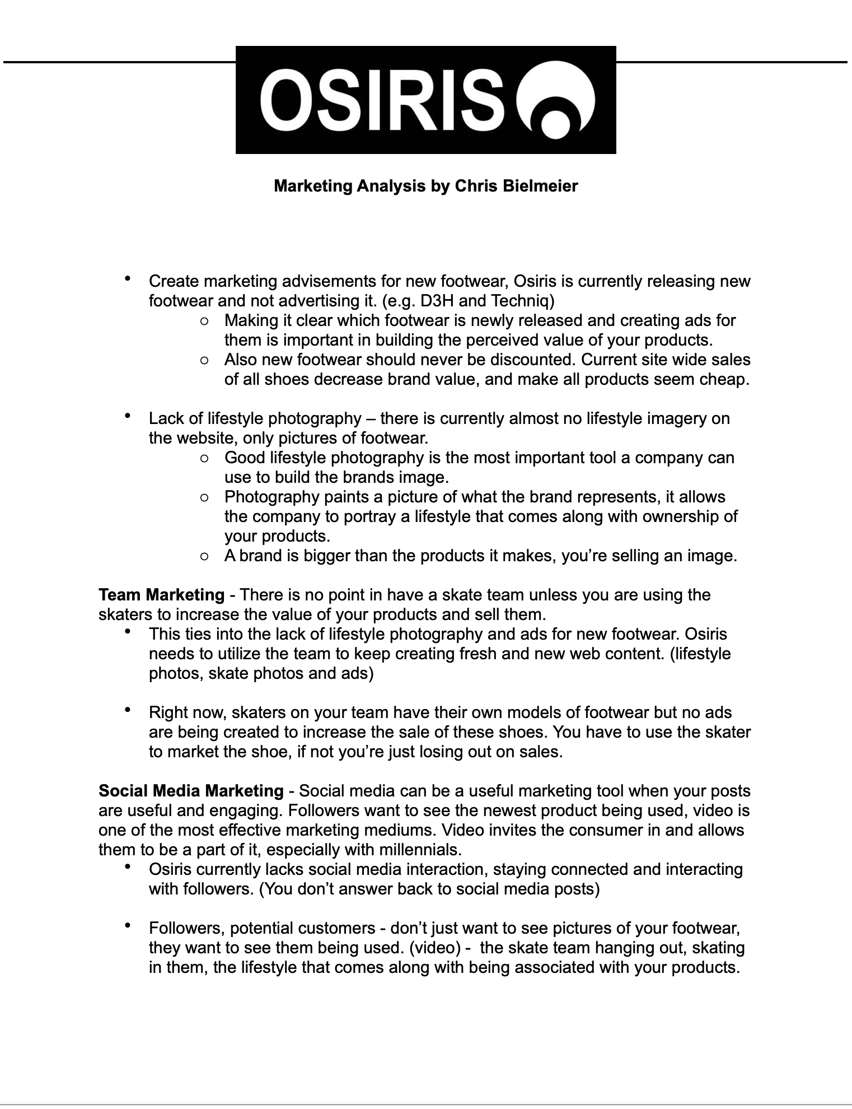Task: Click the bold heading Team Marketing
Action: click(x=161, y=595)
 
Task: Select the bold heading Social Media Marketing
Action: click(x=191, y=791)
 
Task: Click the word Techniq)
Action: click(x=522, y=301)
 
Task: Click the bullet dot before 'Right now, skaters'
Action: click(x=128, y=710)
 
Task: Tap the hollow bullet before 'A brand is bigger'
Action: click(x=204, y=556)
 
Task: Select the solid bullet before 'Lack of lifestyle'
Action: click(x=128, y=416)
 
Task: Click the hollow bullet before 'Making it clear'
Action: click(x=204, y=321)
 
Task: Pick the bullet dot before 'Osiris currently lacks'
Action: click(x=128, y=866)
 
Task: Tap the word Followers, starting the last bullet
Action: click(x=186, y=928)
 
